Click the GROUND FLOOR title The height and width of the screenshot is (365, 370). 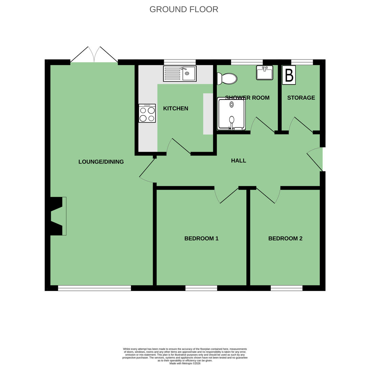184,9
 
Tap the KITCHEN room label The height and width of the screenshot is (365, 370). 176,108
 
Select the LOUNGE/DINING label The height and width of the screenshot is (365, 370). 101,162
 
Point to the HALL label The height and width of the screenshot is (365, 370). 239,161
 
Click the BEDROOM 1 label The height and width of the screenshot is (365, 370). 201,239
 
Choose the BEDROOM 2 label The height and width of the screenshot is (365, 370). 285,239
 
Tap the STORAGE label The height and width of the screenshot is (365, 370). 301,98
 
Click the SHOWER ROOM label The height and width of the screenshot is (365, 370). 247,98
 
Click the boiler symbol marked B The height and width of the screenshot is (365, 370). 289,75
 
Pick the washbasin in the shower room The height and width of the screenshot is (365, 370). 264,73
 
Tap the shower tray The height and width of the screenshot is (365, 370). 232,114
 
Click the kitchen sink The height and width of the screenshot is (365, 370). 180,73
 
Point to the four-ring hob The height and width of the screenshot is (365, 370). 147,113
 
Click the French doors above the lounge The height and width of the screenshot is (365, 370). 94,55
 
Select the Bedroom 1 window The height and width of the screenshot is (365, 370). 201,288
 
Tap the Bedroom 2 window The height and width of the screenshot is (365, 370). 286,288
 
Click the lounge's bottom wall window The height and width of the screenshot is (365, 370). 95,288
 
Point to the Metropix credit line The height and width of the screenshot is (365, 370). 185,363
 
